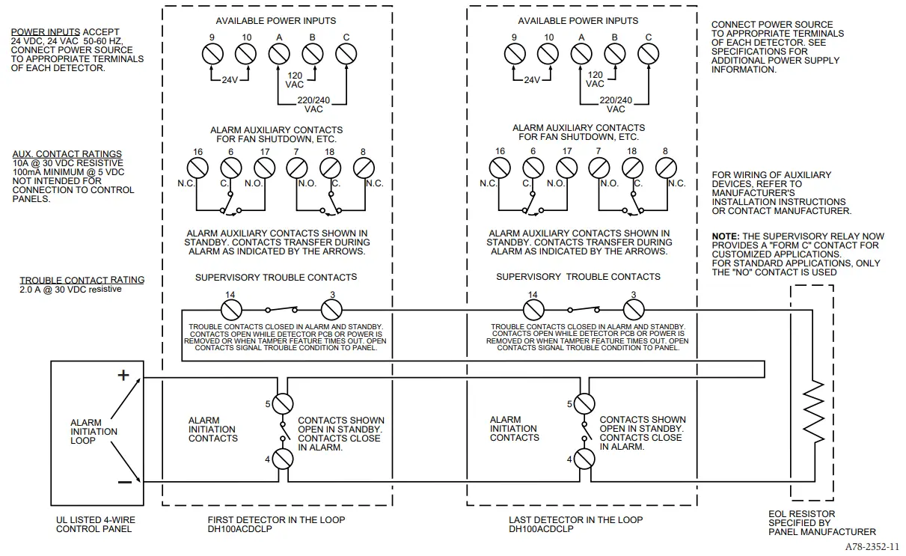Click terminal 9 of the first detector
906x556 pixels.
point(212,54)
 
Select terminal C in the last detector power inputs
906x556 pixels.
point(647,54)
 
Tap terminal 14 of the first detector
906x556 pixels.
point(230,309)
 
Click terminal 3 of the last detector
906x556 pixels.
point(634,309)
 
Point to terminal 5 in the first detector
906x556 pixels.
point(282,404)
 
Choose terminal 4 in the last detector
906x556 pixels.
point(584,459)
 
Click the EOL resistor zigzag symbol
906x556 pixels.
point(812,411)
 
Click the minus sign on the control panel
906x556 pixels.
point(124,482)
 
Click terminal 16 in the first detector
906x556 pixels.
point(198,168)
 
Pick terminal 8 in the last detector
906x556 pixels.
point(665,168)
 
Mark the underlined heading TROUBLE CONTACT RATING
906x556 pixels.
point(82,280)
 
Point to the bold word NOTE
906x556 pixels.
point(725,236)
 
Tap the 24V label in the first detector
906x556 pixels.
point(228,80)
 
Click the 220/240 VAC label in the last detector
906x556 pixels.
point(616,104)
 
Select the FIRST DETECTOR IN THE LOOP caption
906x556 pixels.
point(276,519)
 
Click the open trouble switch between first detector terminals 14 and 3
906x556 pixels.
point(281,308)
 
